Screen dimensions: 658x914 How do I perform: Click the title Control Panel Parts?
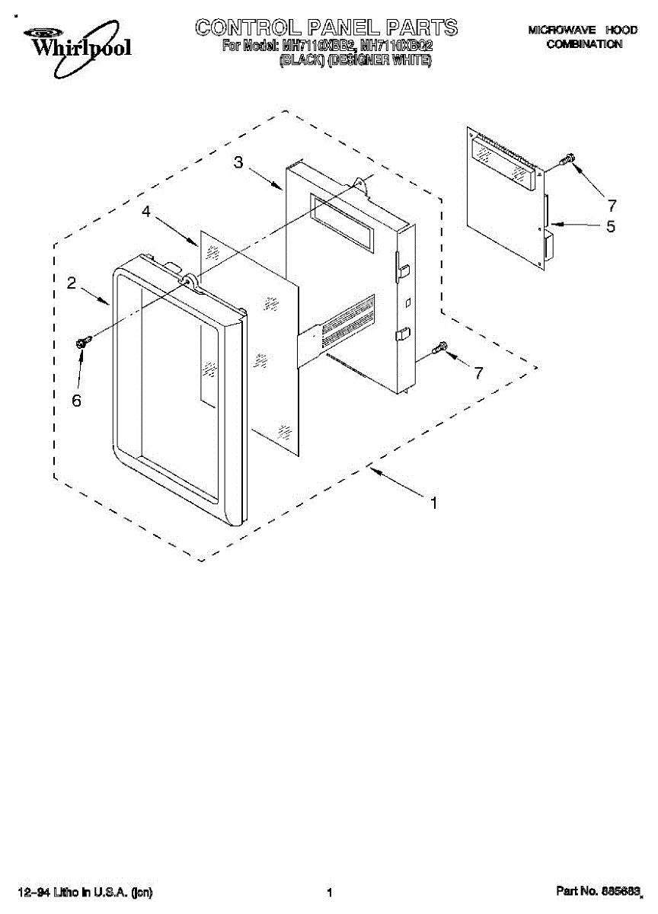click(327, 28)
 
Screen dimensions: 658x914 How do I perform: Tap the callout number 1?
click(433, 503)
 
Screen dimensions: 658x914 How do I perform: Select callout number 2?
click(71, 283)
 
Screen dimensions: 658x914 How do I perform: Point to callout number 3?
click(238, 162)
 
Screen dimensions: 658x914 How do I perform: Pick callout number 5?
click(610, 226)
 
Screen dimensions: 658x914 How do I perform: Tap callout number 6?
click(76, 401)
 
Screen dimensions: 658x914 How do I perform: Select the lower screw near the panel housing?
click(439, 348)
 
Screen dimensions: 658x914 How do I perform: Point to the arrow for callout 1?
click(396, 484)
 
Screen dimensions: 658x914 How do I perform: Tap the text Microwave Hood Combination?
click(583, 37)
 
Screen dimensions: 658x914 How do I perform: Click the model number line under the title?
click(327, 46)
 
